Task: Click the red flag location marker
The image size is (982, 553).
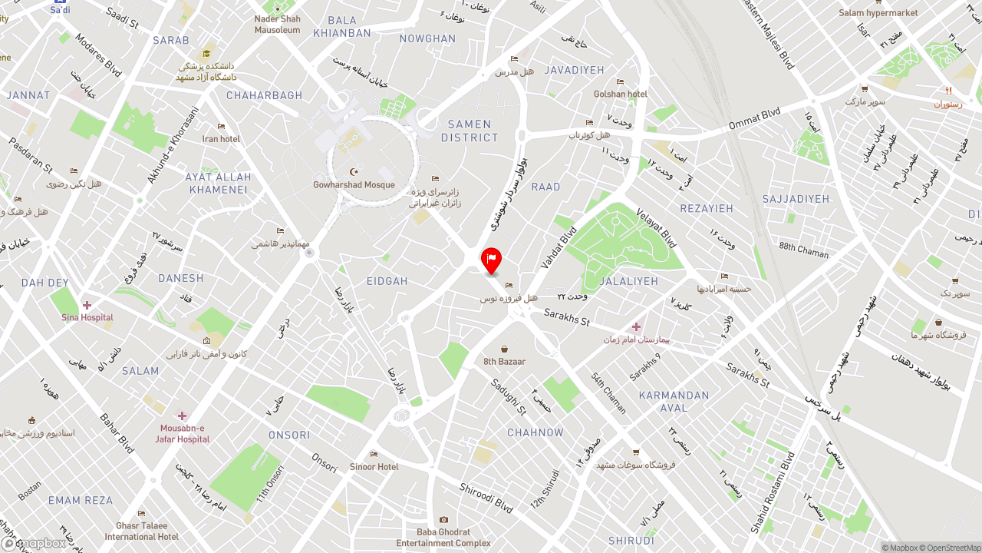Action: pyautogui.click(x=491, y=260)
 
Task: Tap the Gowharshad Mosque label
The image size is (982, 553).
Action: pyautogui.click(x=354, y=184)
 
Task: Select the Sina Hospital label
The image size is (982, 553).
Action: pyautogui.click(x=87, y=317)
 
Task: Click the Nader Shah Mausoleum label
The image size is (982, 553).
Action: pyautogui.click(x=278, y=25)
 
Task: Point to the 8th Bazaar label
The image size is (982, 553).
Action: pyautogui.click(x=504, y=361)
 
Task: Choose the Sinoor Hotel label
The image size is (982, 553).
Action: pyautogui.click(x=374, y=466)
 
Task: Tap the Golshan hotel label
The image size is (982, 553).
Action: pyautogui.click(x=621, y=94)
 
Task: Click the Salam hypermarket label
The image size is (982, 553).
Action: pyautogui.click(x=878, y=12)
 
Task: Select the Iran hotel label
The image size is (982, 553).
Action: pyautogui.click(x=221, y=138)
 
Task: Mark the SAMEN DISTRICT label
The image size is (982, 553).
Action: pyautogui.click(x=470, y=131)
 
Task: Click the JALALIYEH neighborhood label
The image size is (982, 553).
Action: pyautogui.click(x=629, y=281)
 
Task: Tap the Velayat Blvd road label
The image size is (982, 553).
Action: pyautogui.click(x=656, y=227)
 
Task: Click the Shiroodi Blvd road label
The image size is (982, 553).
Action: pyautogui.click(x=486, y=498)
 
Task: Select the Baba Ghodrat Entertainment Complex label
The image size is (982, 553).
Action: pyautogui.click(x=443, y=537)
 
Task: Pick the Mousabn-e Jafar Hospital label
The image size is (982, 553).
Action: pyautogui.click(x=183, y=433)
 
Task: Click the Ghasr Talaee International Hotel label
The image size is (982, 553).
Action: pyautogui.click(x=142, y=531)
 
